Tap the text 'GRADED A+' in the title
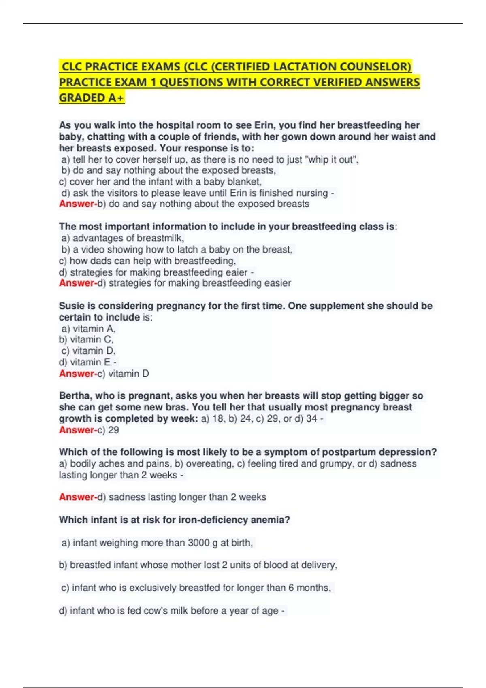(x=92, y=98)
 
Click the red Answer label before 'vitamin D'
(x=77, y=374)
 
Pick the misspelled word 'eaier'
(x=237, y=272)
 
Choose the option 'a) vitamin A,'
(x=88, y=329)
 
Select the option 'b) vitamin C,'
(x=86, y=340)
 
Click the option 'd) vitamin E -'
(x=87, y=362)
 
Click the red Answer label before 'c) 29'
(x=77, y=430)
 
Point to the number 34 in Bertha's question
(x=311, y=418)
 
